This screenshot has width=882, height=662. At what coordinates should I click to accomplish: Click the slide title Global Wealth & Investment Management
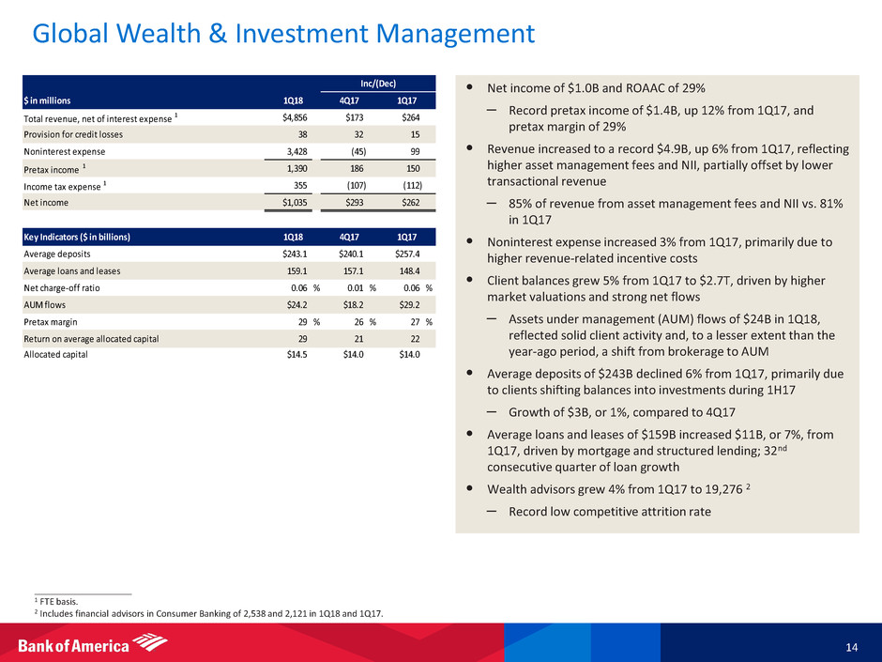click(283, 36)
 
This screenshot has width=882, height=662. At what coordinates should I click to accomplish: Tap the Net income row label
click(46, 201)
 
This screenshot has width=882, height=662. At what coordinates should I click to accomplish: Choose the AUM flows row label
click(46, 303)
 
